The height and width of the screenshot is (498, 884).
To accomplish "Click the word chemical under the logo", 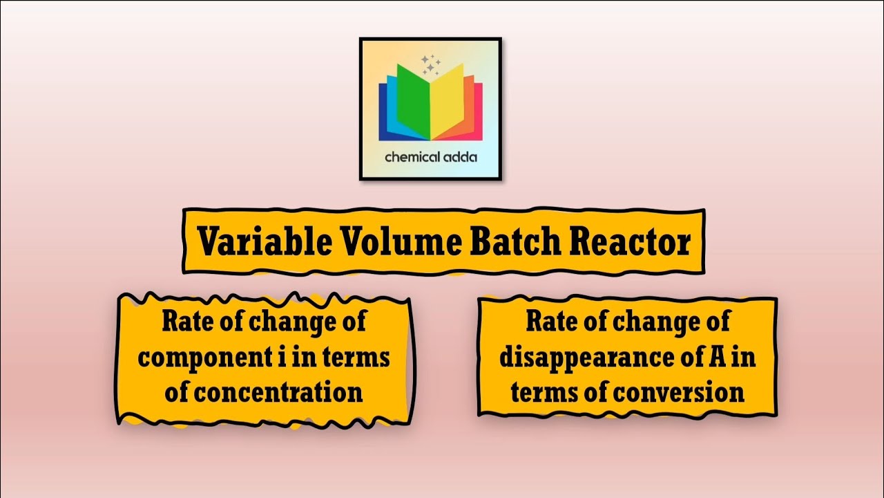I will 411,157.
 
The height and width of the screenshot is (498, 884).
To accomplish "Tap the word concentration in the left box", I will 279,392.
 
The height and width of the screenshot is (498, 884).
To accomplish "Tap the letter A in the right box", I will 717,358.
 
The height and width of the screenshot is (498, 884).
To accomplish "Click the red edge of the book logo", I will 477,111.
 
